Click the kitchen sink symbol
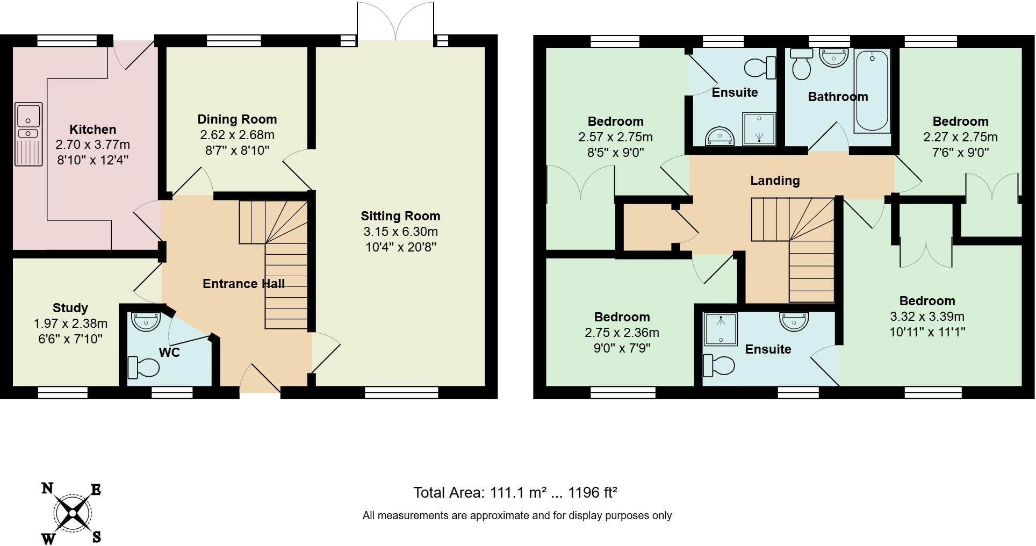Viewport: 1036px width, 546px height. [x=28, y=134]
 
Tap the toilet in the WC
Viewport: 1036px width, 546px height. [x=144, y=368]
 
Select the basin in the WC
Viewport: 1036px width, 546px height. [x=146, y=322]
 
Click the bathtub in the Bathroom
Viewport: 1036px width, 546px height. [x=872, y=91]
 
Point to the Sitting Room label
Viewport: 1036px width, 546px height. [x=400, y=216]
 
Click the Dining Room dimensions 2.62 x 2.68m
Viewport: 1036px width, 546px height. [x=236, y=135]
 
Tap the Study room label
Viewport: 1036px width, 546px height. [x=70, y=308]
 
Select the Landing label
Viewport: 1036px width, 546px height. [x=775, y=181]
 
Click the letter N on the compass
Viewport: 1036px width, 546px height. [x=47, y=488]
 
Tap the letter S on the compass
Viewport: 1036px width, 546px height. [x=97, y=536]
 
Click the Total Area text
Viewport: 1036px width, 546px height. [x=515, y=492]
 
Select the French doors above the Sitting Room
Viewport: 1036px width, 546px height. [x=395, y=21]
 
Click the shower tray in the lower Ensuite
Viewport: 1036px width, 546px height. [x=721, y=329]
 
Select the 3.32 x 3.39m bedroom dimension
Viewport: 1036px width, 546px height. [x=927, y=317]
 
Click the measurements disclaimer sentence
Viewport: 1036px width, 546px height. [x=517, y=516]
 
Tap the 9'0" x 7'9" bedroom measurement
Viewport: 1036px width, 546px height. [x=622, y=348]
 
